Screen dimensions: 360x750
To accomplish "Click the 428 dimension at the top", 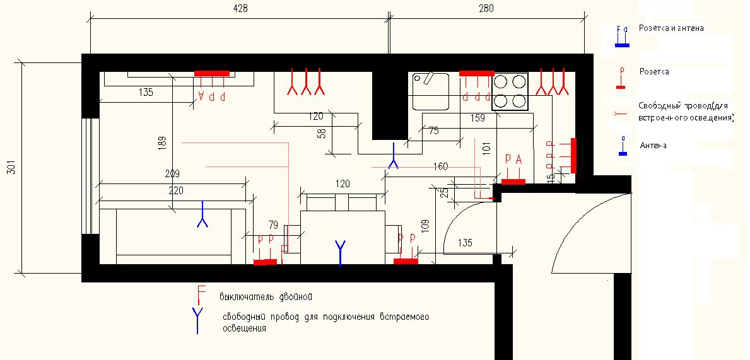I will point(240,9).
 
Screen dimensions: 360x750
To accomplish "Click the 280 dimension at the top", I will point(486,9).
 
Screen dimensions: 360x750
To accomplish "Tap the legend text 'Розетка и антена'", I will point(671,28).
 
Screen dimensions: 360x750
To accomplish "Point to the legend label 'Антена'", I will point(652,146).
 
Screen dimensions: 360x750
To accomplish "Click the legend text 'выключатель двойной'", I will point(266,296).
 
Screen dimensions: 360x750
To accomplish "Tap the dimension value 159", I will point(478,118).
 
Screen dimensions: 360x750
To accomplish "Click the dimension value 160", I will point(440,166).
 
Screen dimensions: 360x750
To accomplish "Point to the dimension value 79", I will point(273,224).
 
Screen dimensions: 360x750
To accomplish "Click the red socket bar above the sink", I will point(476,74).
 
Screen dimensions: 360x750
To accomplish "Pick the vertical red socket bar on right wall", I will point(573,155).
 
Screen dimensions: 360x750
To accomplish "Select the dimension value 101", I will point(486,149).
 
